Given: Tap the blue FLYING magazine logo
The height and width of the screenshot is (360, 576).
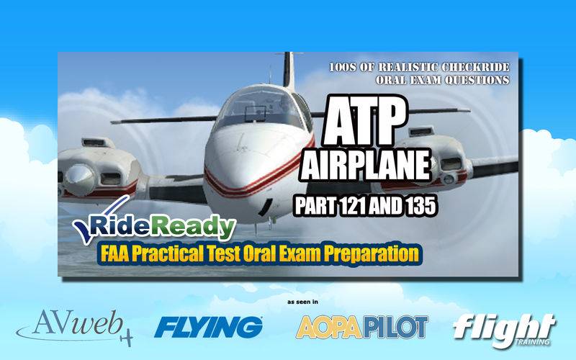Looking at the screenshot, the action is (208, 327).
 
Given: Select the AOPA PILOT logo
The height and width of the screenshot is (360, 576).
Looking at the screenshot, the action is (362, 327).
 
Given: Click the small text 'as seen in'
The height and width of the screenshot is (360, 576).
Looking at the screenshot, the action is (302, 302).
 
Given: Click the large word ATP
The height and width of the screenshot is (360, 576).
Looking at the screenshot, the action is (364, 121).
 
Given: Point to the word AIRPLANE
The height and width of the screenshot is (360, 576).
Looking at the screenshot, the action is (366, 166).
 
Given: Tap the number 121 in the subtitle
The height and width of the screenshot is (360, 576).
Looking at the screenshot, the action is (352, 207).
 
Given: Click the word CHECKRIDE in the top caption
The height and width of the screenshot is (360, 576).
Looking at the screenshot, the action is (475, 67).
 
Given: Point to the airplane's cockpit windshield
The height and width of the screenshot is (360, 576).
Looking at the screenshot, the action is (262, 107).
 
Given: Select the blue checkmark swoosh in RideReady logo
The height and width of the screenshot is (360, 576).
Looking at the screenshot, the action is (97, 220).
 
